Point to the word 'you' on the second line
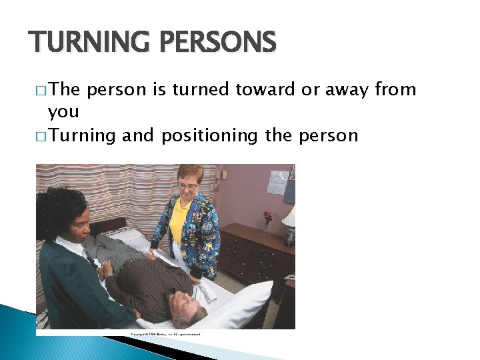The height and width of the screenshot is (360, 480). [63, 111]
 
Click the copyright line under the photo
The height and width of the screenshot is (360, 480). [165, 333]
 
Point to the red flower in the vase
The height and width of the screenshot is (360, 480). [267, 216]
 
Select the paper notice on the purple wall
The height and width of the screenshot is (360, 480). [277, 181]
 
